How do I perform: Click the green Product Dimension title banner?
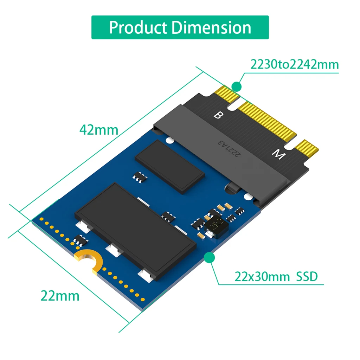pyautogui.click(x=180, y=27)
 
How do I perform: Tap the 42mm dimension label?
pyautogui.click(x=99, y=130)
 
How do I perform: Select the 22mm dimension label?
pyautogui.click(x=60, y=296)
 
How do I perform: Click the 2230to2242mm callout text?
pyautogui.click(x=294, y=65)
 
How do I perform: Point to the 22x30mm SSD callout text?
pyautogui.click(x=276, y=277)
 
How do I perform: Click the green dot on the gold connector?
pyautogui.click(x=237, y=86)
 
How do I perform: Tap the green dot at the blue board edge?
pyautogui.click(x=210, y=258)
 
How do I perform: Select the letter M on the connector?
pyautogui.click(x=278, y=154)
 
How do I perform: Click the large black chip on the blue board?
pyautogui.click(x=135, y=230)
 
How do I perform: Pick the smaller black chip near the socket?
pyautogui.click(x=170, y=167)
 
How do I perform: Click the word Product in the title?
pyautogui.click(x=137, y=27)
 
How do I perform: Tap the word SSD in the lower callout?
pyautogui.click(x=307, y=277)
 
